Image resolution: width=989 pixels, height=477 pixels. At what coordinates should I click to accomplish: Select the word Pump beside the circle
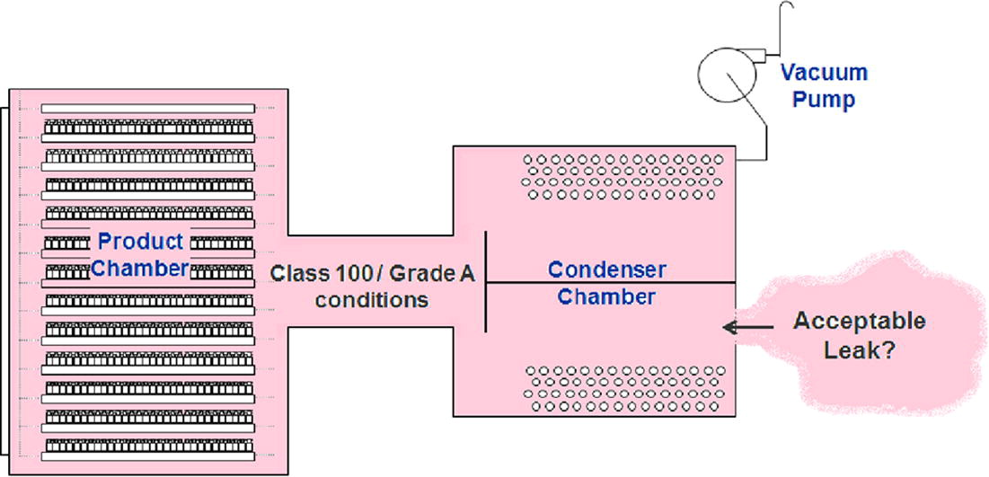(824, 99)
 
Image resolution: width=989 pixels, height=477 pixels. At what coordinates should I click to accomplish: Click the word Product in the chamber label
(141, 241)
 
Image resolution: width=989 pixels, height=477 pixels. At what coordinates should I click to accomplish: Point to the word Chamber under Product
(141, 268)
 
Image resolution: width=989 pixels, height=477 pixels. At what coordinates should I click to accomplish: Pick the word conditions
(371, 299)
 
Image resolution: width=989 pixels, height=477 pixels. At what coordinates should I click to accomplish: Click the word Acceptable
(859, 321)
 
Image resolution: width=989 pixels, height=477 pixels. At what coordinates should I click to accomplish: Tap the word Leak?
(859, 350)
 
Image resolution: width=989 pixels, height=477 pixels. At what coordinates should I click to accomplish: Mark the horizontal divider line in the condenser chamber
(611, 282)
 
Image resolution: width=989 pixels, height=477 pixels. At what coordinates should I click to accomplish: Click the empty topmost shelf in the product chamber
(148, 108)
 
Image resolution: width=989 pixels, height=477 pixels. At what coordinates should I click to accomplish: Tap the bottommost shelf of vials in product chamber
(148, 446)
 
